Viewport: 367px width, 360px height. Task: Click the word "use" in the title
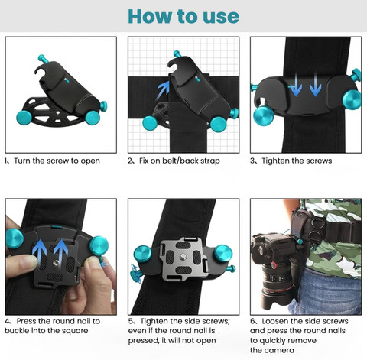click(221, 17)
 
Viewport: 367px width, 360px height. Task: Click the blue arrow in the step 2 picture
click(164, 90)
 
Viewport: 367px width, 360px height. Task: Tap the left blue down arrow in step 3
click(296, 85)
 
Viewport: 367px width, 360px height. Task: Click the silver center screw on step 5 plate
click(183, 257)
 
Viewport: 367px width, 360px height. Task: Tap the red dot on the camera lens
click(274, 266)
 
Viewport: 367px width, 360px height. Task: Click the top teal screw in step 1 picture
click(44, 59)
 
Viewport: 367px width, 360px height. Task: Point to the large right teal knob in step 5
click(223, 254)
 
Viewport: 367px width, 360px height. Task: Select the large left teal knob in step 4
click(15, 238)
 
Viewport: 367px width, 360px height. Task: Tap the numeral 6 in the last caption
click(252, 321)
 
